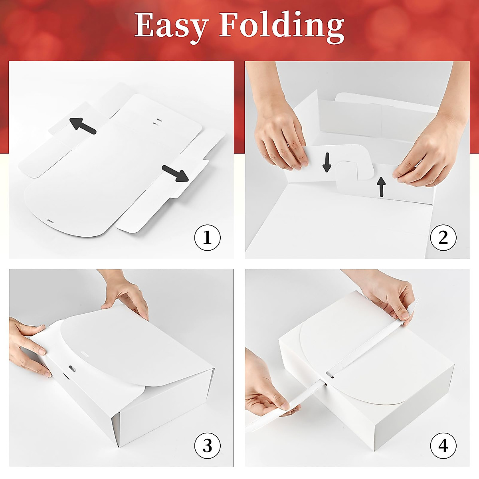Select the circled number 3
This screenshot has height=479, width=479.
pos(207,445)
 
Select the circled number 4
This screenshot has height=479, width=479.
pos(443,445)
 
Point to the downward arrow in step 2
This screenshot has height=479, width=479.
pos(327,162)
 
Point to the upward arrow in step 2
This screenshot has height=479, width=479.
pos(382,187)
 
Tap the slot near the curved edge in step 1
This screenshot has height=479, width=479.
pos(50,220)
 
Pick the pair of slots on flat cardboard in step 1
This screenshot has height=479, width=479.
pos(157,121)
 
